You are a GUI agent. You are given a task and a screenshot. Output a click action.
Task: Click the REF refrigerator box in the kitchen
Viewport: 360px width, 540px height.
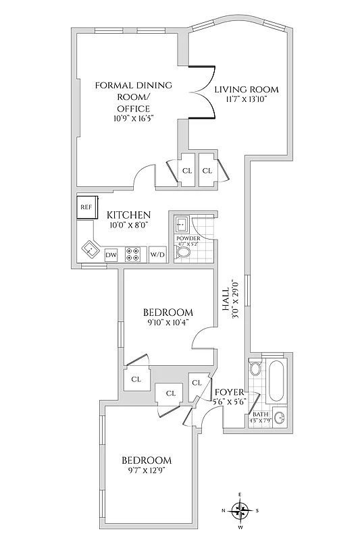click(86, 207)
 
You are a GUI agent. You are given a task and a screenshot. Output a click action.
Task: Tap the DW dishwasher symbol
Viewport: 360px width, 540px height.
click(111, 254)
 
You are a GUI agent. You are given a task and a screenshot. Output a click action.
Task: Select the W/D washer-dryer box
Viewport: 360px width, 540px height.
click(157, 254)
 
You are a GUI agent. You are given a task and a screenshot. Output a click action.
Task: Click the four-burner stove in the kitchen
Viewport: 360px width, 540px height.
click(134, 254)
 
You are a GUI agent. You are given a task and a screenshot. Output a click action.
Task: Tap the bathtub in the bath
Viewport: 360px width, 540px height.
click(276, 382)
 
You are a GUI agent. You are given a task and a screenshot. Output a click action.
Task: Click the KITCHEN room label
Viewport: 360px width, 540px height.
click(128, 215)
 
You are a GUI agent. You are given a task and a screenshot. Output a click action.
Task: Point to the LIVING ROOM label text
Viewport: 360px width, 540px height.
click(246, 90)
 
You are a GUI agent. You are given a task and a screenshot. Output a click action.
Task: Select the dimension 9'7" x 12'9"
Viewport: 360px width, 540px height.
click(147, 470)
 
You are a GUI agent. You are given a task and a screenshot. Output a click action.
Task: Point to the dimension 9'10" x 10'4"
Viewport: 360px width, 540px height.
click(168, 323)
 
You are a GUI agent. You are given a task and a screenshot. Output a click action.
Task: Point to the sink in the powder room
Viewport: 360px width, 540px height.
click(180, 224)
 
